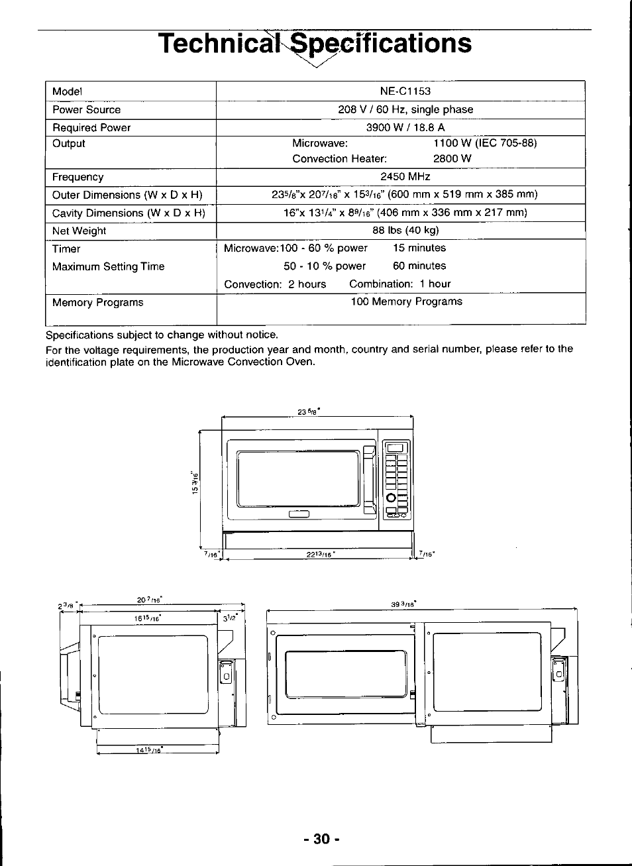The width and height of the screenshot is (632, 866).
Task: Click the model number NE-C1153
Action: coord(405,91)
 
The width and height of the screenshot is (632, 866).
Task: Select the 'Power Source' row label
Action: coord(86,110)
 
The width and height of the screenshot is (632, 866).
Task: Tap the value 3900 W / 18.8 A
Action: coord(405,127)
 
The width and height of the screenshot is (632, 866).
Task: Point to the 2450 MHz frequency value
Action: coord(405,177)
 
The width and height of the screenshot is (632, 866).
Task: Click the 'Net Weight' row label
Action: coord(79,231)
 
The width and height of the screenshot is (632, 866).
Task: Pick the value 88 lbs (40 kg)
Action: coord(405,231)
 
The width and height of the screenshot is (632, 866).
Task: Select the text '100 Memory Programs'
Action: coord(406,301)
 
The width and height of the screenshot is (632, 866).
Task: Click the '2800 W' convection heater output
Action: coord(452,159)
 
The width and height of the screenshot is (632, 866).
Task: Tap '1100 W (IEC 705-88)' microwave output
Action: coord(485,143)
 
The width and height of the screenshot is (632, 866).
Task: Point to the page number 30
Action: coord(321,839)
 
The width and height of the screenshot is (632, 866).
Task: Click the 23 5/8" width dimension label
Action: coord(309,411)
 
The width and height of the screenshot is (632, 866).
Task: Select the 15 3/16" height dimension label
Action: coord(195,482)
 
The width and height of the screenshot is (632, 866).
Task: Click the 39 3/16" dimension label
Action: coord(403,604)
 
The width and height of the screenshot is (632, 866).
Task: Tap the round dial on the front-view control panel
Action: coord(392,498)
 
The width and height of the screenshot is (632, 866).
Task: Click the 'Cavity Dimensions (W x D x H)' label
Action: coord(129,213)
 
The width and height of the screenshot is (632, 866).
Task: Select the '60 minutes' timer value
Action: coord(419,266)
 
